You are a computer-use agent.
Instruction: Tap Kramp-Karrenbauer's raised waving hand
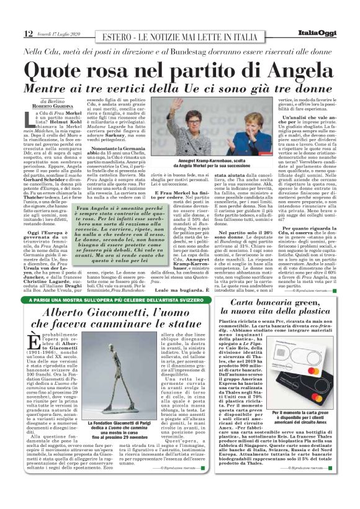[179, 103]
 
